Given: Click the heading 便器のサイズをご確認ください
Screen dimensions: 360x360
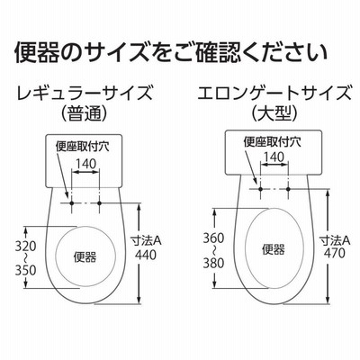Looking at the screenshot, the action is point(171,53).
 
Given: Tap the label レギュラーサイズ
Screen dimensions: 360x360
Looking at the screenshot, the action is point(85,94).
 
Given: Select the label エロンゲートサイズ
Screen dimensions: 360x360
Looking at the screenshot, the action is point(274,94).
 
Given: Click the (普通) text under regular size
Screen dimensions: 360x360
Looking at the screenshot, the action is point(84,113).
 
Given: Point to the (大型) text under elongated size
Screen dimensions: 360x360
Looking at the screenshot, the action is point(274,113).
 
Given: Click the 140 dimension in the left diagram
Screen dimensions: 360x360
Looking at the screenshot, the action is point(85,164).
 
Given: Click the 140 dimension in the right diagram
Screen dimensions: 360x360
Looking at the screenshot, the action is point(274,157).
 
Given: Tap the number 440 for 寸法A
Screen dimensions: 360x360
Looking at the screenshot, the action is point(146,255).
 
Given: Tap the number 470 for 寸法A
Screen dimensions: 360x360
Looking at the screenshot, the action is point(334,253).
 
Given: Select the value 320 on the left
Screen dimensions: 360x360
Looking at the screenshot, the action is point(25,247).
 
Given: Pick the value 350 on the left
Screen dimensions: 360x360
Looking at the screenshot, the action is point(25,271).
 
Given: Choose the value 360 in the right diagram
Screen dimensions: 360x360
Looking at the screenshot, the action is point(213,238).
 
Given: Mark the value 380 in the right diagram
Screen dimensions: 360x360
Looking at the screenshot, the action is point(213,263).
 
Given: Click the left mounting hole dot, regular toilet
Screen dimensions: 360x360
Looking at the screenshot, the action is point(72,203).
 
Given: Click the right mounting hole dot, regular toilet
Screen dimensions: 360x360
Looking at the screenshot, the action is point(99,203).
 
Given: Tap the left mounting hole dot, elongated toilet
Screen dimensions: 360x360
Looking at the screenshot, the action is point(260,189).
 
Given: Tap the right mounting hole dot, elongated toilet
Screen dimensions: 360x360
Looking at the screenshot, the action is point(288,189).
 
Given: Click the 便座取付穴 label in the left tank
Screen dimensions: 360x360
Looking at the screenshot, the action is point(83,147).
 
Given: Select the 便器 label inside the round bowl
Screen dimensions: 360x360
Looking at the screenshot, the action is point(85,257).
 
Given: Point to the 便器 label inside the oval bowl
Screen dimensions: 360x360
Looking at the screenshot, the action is point(274,249).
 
